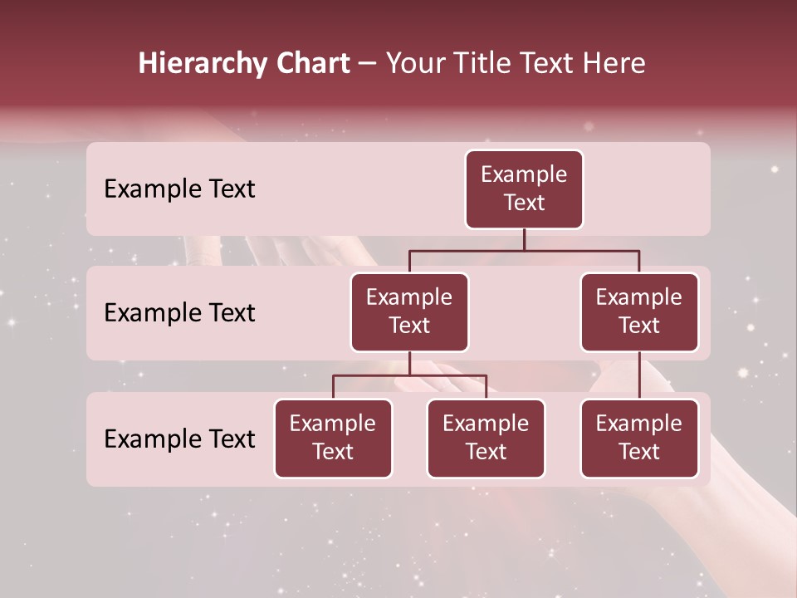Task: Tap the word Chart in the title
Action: tap(312, 64)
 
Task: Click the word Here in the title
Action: tap(614, 64)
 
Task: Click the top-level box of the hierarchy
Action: tap(524, 189)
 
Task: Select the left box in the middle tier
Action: tap(409, 312)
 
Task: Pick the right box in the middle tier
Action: tap(639, 312)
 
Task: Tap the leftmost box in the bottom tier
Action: tap(333, 439)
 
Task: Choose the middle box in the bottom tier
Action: tap(486, 439)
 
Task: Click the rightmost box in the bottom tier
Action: tap(639, 439)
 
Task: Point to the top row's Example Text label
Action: tap(179, 189)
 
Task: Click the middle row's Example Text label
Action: tap(179, 313)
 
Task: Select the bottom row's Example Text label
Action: tap(179, 439)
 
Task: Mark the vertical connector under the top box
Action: tap(524, 239)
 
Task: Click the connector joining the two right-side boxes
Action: tap(639, 375)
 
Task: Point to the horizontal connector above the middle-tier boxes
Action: tap(524, 250)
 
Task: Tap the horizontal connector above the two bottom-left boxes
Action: tap(409, 375)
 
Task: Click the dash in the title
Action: tap(368, 64)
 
